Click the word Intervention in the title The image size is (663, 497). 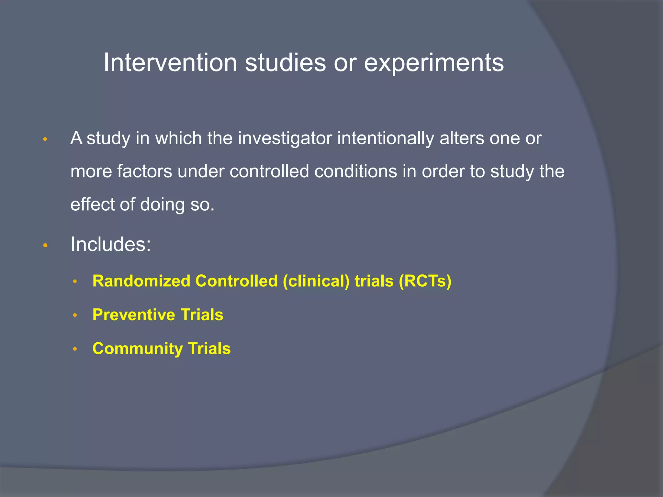pyautogui.click(x=170, y=62)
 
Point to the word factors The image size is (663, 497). pyautogui.click(x=144, y=171)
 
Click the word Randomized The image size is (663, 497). pyautogui.click(x=141, y=281)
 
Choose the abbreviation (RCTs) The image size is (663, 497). pyautogui.click(x=425, y=281)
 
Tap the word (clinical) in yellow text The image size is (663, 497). pyautogui.click(x=316, y=281)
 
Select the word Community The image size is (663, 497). pyautogui.click(x=138, y=348)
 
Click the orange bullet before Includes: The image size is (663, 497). pyautogui.click(x=45, y=246)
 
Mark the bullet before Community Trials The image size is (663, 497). pyautogui.click(x=75, y=349)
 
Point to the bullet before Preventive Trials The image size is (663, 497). pyautogui.click(x=75, y=315)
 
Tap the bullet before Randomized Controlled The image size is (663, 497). pyautogui.click(x=75, y=282)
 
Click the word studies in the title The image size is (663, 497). pyautogui.click(x=285, y=62)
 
